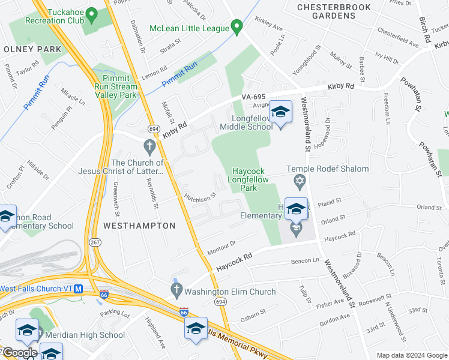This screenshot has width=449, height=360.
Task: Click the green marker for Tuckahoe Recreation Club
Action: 91,13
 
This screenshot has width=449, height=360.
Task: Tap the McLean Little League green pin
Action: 237,27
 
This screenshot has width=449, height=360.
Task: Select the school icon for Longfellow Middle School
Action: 280,112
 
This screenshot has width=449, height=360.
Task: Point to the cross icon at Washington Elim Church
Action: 176,292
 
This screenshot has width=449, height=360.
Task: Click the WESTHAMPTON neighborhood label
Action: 139,226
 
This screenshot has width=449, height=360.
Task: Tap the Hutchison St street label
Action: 200,196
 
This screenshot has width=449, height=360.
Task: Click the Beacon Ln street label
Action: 306,261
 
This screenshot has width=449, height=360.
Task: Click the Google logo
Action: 19,353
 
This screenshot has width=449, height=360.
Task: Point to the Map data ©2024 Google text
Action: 411,355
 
